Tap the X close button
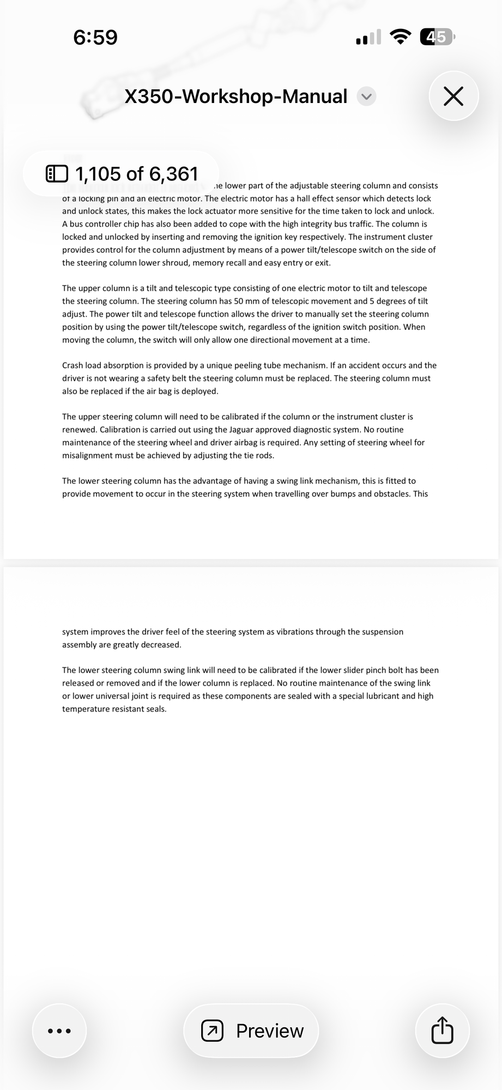[453, 96]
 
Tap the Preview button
[251, 1031]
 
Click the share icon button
[442, 1031]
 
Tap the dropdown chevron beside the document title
[366, 96]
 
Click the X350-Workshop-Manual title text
[235, 96]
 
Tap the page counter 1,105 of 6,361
[136, 174]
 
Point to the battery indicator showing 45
[437, 37]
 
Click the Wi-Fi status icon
[401, 37]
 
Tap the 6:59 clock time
[95, 37]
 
